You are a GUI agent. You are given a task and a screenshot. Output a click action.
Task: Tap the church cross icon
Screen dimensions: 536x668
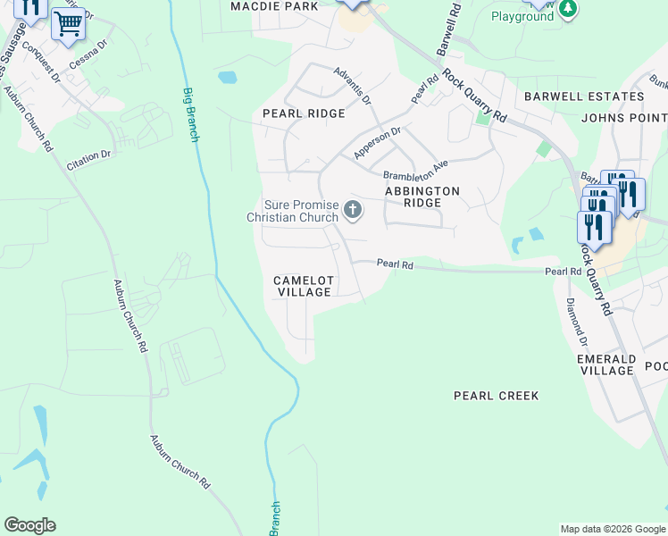[353, 211]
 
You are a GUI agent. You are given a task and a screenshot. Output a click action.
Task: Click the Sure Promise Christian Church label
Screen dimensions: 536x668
[293, 211]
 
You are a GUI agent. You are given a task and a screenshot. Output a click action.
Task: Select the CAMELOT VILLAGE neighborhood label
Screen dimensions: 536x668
[304, 287]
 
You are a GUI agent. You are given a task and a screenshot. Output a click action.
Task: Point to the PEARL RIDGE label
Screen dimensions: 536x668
[304, 113]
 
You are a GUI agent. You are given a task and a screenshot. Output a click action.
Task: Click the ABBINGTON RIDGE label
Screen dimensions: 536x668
[422, 197]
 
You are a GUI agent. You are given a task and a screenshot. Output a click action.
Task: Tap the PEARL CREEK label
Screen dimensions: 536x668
[496, 395]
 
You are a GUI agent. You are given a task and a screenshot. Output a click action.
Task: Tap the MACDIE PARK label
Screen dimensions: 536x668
[274, 6]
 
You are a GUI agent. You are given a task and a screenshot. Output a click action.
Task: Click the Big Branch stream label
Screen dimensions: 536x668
[190, 114]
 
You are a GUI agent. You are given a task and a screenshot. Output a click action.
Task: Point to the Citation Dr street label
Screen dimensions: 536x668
[88, 160]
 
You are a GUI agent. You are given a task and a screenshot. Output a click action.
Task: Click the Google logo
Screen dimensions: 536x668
[29, 525]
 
